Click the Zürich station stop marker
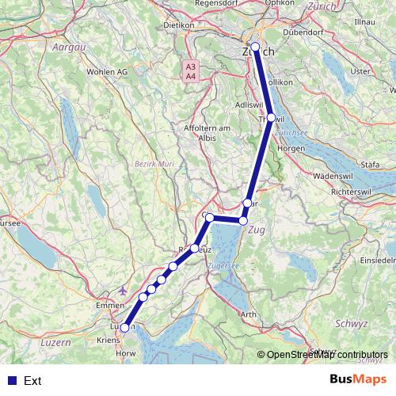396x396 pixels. [256, 47]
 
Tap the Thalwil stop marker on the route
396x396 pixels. [271, 117]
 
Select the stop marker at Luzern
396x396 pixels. [124, 328]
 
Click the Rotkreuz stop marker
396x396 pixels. [194, 249]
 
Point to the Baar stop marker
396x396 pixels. [248, 203]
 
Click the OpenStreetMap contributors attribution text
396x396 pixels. [327, 355]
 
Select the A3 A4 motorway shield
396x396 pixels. [191, 72]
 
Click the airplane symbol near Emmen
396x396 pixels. [122, 291]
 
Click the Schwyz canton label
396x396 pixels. [352, 323]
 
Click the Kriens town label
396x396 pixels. [107, 338]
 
